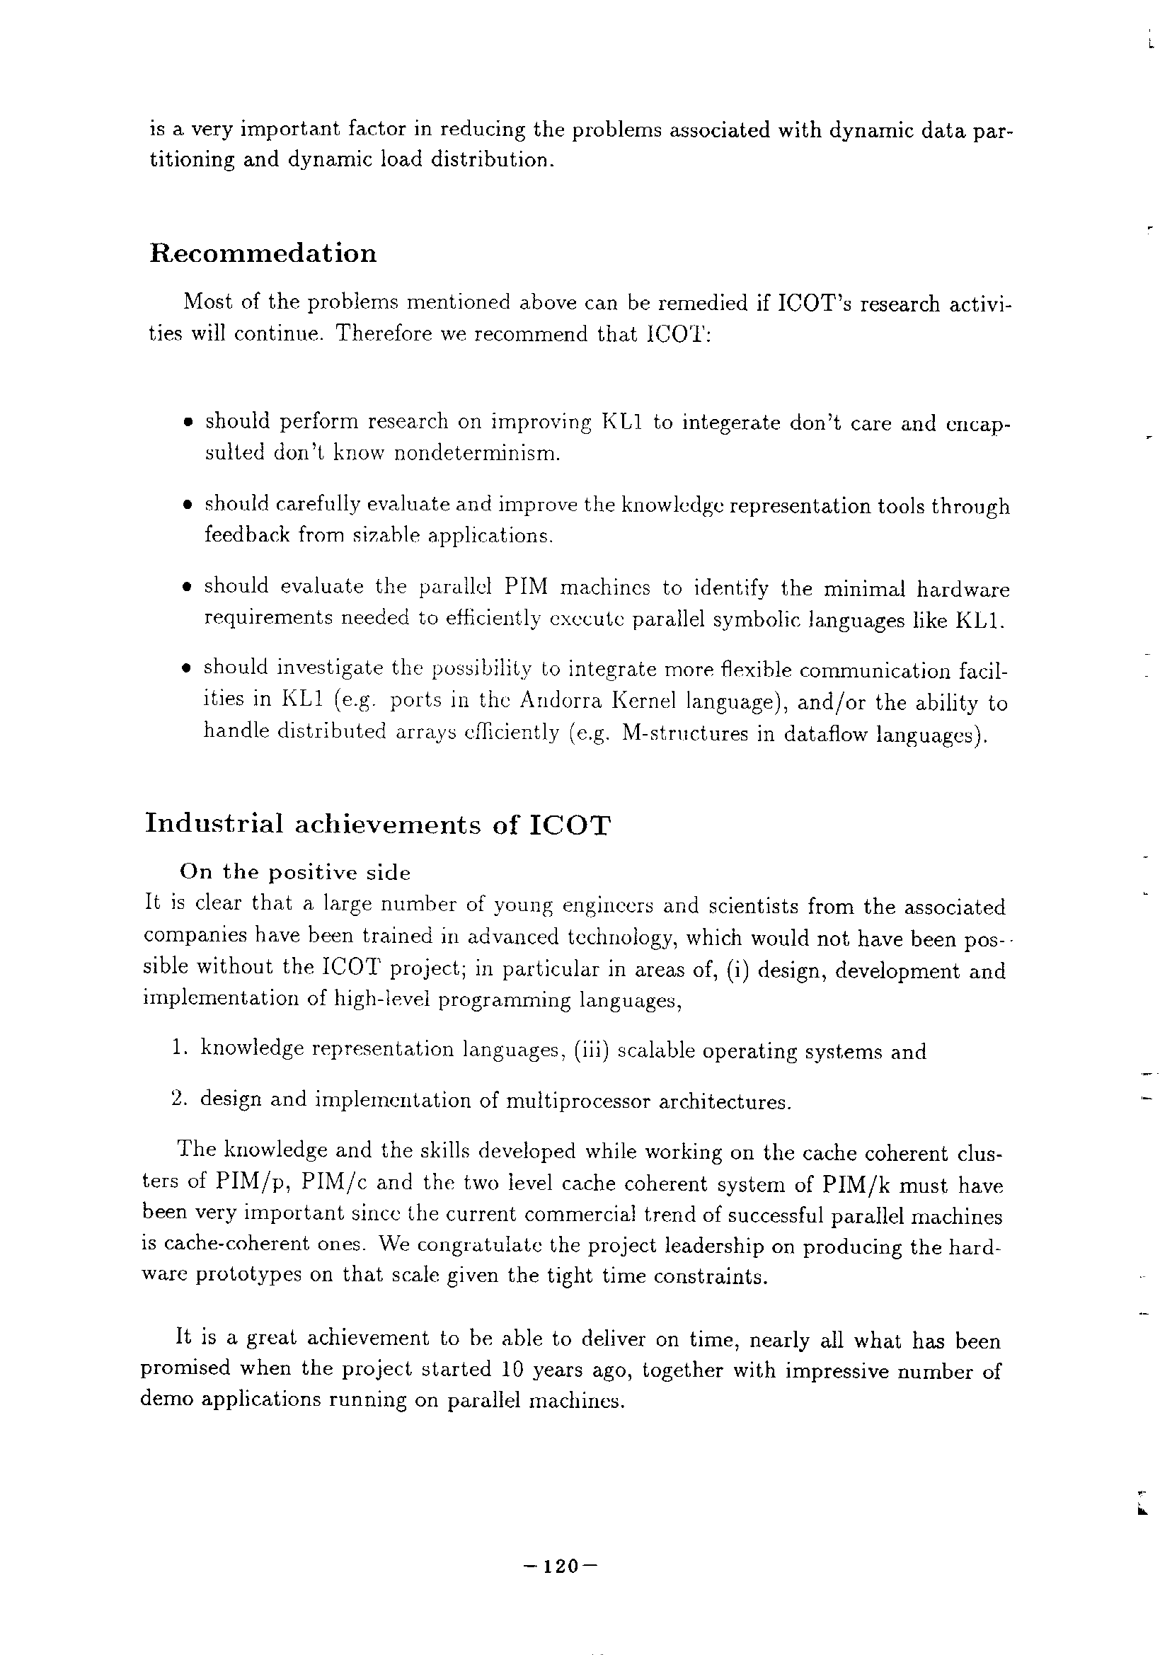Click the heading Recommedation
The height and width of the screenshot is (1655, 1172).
263,253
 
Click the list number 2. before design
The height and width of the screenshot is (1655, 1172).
180,1099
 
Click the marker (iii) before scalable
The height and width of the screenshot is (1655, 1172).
593,1050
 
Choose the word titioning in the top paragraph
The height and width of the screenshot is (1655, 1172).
191,159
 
